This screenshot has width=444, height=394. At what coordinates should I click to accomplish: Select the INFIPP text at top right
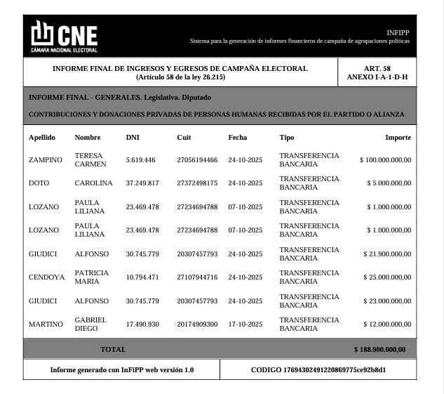[398, 33]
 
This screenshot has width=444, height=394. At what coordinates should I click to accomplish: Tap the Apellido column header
[41, 137]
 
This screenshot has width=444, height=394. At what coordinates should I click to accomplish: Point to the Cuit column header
[184, 137]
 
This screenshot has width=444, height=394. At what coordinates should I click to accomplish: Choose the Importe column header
[398, 137]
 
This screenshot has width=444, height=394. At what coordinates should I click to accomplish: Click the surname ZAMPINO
[45, 159]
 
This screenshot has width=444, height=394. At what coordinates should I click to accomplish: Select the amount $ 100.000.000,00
[386, 159]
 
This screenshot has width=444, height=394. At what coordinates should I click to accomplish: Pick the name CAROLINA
[93, 183]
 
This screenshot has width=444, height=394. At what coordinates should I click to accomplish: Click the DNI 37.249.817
[142, 183]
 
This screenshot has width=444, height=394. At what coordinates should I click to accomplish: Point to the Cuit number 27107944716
[197, 277]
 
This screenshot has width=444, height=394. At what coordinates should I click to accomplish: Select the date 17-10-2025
[245, 324]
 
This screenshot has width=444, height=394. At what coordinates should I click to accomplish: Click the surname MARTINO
[46, 324]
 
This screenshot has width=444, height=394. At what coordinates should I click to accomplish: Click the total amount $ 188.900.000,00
[379, 348]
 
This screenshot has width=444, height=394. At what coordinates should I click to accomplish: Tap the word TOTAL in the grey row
[113, 348]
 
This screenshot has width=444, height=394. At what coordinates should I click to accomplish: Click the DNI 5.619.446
[140, 159]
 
